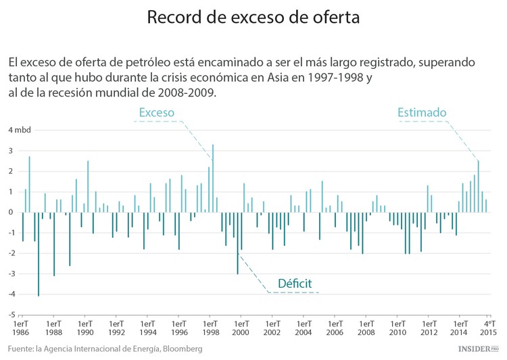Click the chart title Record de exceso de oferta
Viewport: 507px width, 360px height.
pyautogui.click(x=254, y=18)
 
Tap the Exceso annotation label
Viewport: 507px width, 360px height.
pyautogui.click(x=156, y=112)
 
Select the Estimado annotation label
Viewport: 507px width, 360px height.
pyautogui.click(x=421, y=112)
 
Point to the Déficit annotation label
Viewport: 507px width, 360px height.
pyautogui.click(x=295, y=283)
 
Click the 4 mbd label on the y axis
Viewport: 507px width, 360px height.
pyautogui.click(x=20, y=130)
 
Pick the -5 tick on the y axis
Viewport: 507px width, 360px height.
pyautogui.click(x=11, y=315)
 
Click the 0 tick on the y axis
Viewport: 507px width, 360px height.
pyautogui.click(x=11, y=212)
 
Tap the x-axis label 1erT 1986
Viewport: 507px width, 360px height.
pyautogui.click(x=22, y=328)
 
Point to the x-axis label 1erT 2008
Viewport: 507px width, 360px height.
pyautogui.click(x=366, y=328)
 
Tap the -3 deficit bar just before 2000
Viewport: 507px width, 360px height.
pyautogui.click(x=237, y=243)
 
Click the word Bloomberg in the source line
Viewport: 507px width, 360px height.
pyautogui.click(x=178, y=349)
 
